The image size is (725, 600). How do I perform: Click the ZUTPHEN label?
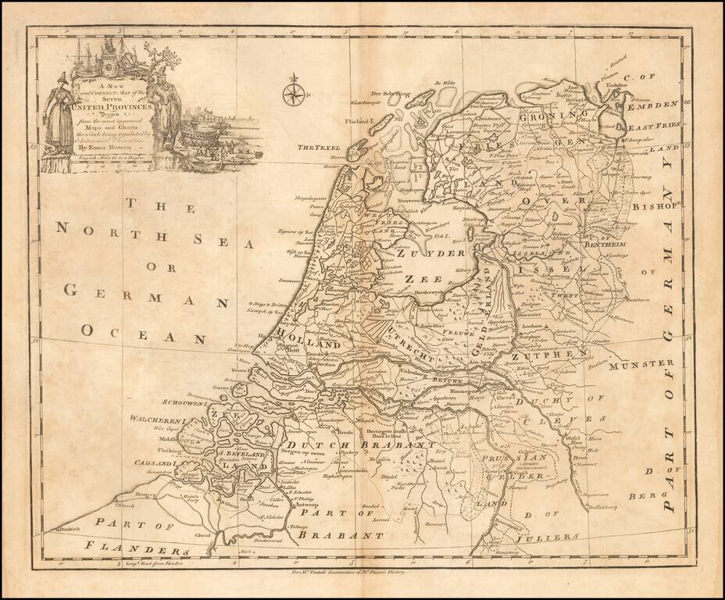(559, 358)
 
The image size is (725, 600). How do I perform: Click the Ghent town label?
(204, 535)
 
